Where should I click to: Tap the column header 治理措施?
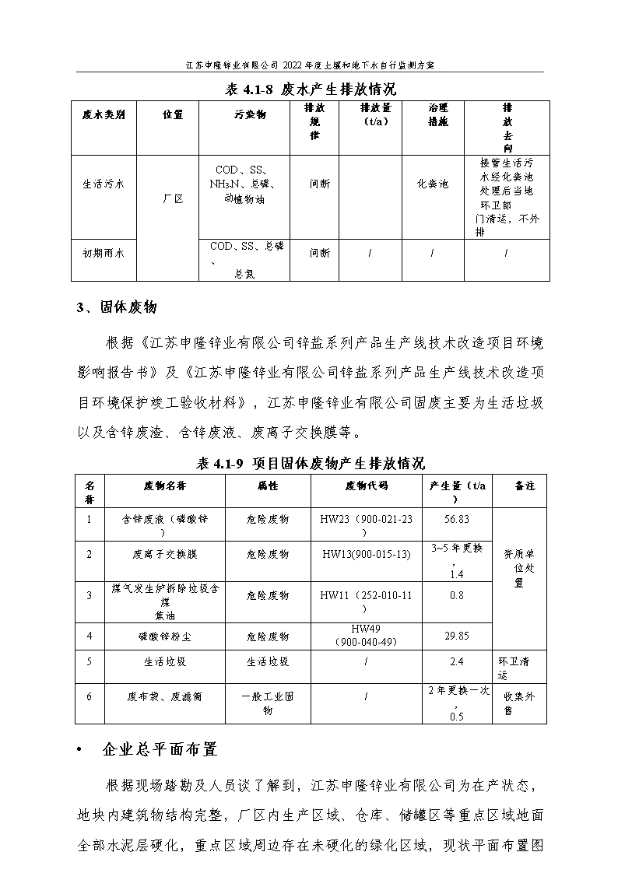434,114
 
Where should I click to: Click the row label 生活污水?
104,184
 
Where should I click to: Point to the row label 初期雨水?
104,253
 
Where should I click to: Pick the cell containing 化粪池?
434,184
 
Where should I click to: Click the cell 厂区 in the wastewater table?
173,199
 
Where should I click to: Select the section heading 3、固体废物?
117,307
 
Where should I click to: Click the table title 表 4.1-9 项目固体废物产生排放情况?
310,463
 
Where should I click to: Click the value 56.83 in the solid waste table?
456,518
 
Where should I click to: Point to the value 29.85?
456,636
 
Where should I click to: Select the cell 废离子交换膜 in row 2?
164,554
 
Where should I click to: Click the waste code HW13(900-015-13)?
365,554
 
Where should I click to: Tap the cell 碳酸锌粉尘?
164,636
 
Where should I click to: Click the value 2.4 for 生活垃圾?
456,661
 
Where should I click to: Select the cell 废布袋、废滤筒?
164,697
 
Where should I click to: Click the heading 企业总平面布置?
160,750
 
